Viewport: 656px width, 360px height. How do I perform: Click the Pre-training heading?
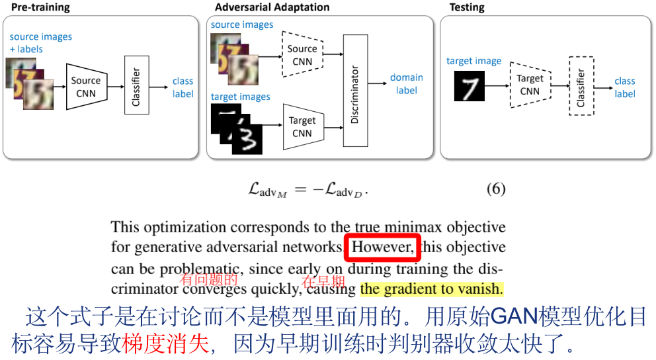point(40,8)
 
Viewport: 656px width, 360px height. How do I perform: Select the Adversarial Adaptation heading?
point(272,8)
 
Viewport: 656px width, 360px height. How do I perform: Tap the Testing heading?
point(467,8)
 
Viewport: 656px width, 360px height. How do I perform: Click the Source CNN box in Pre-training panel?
point(86,87)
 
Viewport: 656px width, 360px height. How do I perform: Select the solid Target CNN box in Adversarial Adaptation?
point(302,126)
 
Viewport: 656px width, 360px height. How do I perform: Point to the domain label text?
point(406,83)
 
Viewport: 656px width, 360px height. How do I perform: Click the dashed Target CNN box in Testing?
point(530,85)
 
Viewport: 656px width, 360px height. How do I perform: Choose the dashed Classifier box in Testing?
point(581,87)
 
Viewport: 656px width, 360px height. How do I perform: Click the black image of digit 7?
point(469,86)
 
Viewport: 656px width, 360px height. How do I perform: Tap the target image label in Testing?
point(473,61)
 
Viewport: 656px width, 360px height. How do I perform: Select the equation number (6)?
point(496,189)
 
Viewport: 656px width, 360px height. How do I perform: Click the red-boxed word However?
point(383,247)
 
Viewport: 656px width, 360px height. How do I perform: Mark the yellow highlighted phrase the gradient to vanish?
point(432,289)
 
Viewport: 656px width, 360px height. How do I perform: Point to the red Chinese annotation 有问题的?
point(209,281)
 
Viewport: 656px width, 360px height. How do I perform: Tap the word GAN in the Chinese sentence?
point(514,318)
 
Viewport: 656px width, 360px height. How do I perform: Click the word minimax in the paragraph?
point(416,228)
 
